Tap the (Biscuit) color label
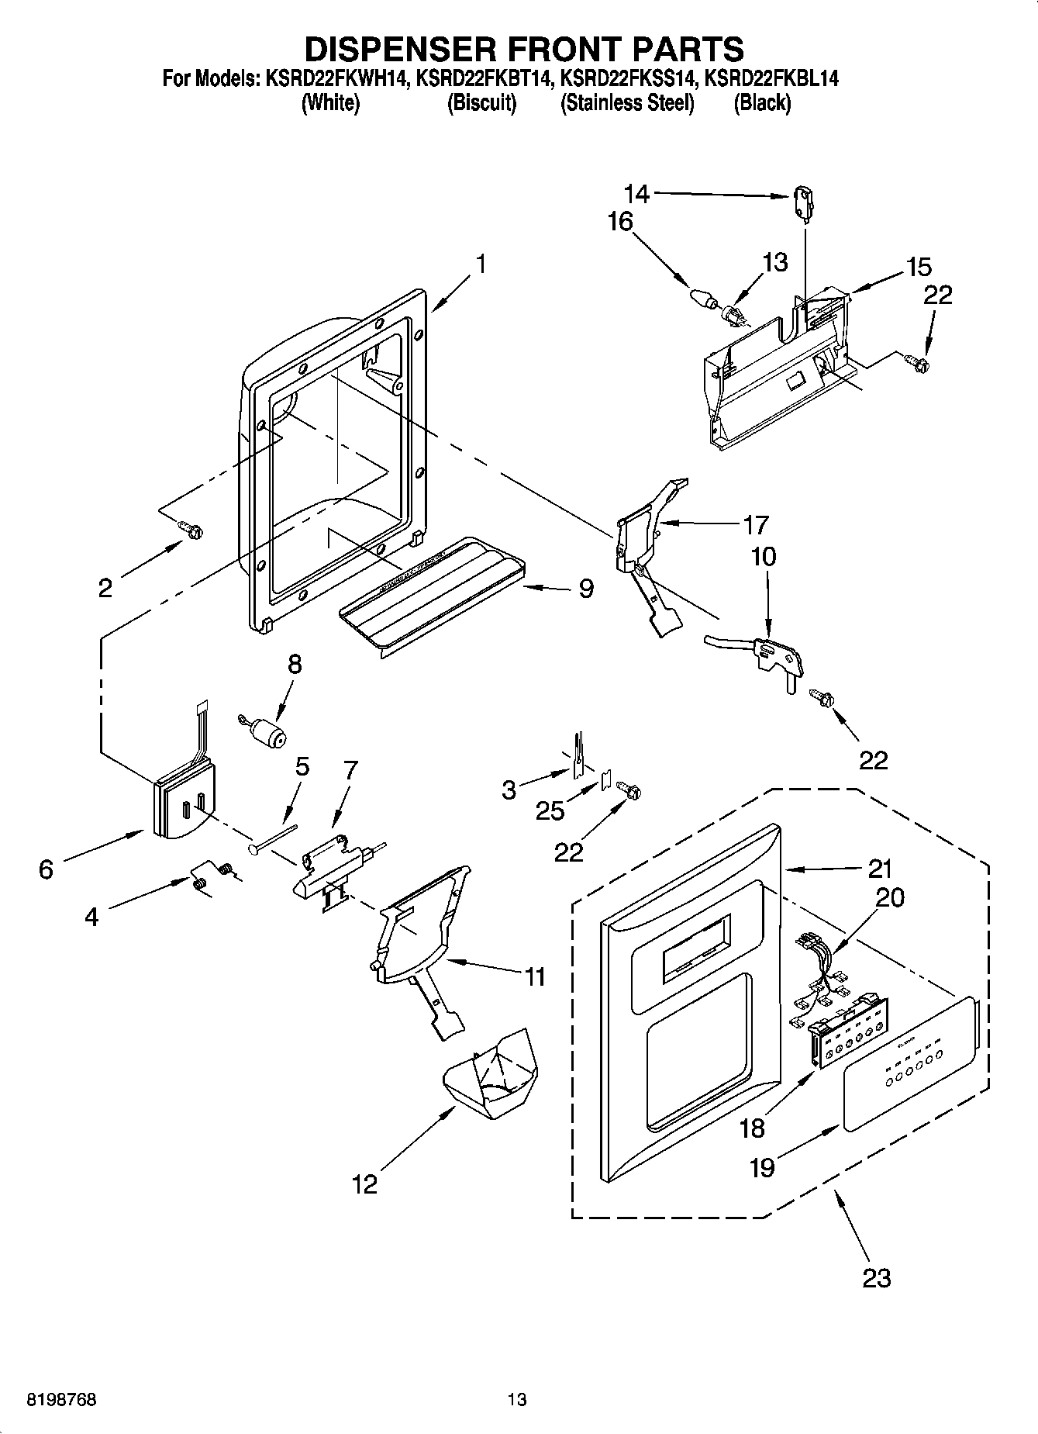[x=481, y=103]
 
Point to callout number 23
[x=877, y=1277]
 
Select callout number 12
[x=364, y=1183]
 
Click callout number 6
[x=46, y=869]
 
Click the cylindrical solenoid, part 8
[x=267, y=731]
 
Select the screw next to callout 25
[x=629, y=790]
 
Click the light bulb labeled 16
[x=701, y=298]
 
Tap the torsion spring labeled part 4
[x=212, y=876]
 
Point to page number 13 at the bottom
[x=517, y=1399]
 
